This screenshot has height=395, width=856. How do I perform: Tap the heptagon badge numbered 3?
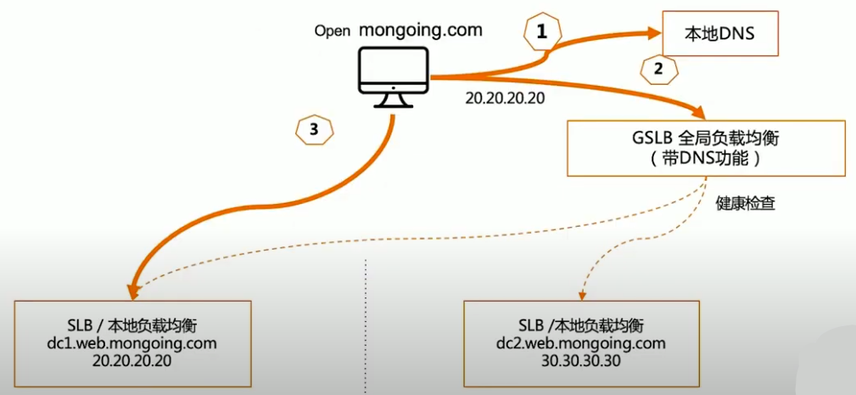(314, 129)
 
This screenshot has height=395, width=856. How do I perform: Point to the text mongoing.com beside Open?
(421, 30)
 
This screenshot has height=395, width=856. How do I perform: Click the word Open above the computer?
(333, 31)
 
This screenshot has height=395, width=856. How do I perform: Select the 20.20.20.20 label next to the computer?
(505, 98)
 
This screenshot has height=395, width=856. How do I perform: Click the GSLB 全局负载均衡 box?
(706, 148)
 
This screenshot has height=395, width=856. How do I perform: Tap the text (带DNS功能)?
(706, 158)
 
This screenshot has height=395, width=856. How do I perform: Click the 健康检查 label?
(745, 205)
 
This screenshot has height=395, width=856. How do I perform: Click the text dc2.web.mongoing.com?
(579, 344)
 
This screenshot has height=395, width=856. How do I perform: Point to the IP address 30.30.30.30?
(579, 361)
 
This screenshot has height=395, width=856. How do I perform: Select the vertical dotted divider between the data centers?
(366, 327)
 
